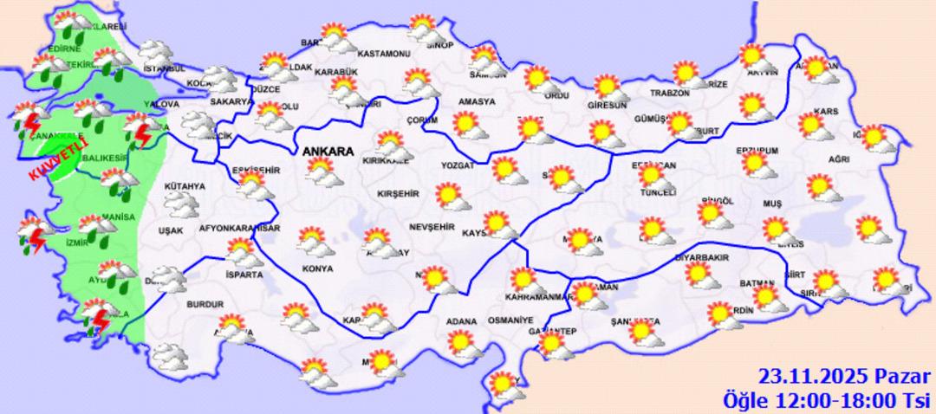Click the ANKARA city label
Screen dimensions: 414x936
click(328, 152)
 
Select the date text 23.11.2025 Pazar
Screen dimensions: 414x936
click(844, 377)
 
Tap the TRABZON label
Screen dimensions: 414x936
click(670, 93)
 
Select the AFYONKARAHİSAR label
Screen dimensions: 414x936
click(240, 229)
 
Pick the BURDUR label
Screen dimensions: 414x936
click(205, 304)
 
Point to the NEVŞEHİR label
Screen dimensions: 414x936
click(432, 226)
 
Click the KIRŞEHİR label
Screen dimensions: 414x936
click(400, 194)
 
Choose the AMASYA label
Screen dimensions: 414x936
click(477, 101)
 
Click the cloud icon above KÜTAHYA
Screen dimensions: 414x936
click(181, 204)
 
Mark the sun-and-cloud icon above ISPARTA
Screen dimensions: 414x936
click(242, 252)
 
